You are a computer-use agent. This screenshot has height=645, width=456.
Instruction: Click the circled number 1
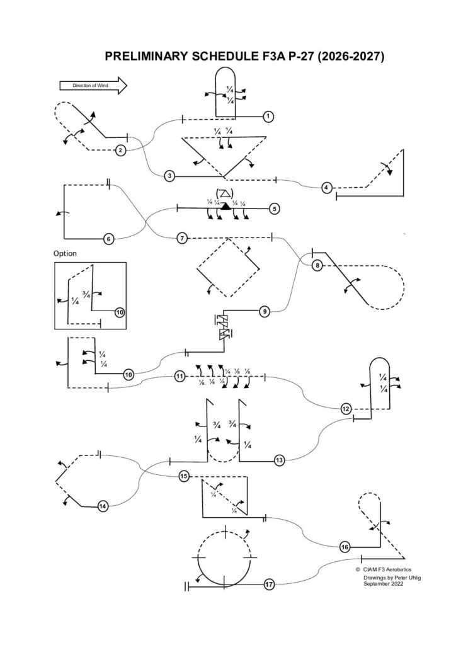pos(268,117)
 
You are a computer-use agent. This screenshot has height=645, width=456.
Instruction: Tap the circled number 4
pos(326,188)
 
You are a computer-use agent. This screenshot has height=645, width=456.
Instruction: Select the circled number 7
pos(181,238)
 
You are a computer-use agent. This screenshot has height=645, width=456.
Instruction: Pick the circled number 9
pos(265,311)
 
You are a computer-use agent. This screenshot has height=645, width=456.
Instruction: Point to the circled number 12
pos(346,409)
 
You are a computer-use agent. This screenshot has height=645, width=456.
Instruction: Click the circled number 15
pos(184,476)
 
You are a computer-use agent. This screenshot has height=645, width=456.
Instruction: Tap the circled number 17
pos(269,585)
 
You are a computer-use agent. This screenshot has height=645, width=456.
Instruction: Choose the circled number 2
pos(120,150)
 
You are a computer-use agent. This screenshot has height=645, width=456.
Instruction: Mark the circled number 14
pos(103,505)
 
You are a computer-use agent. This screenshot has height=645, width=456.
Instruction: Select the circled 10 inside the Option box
pos(120,312)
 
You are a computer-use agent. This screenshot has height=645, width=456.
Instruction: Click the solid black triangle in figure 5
pos(225,205)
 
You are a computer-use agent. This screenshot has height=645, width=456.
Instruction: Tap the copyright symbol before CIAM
pos(358,569)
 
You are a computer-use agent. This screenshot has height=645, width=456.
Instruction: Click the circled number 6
pos(108,239)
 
